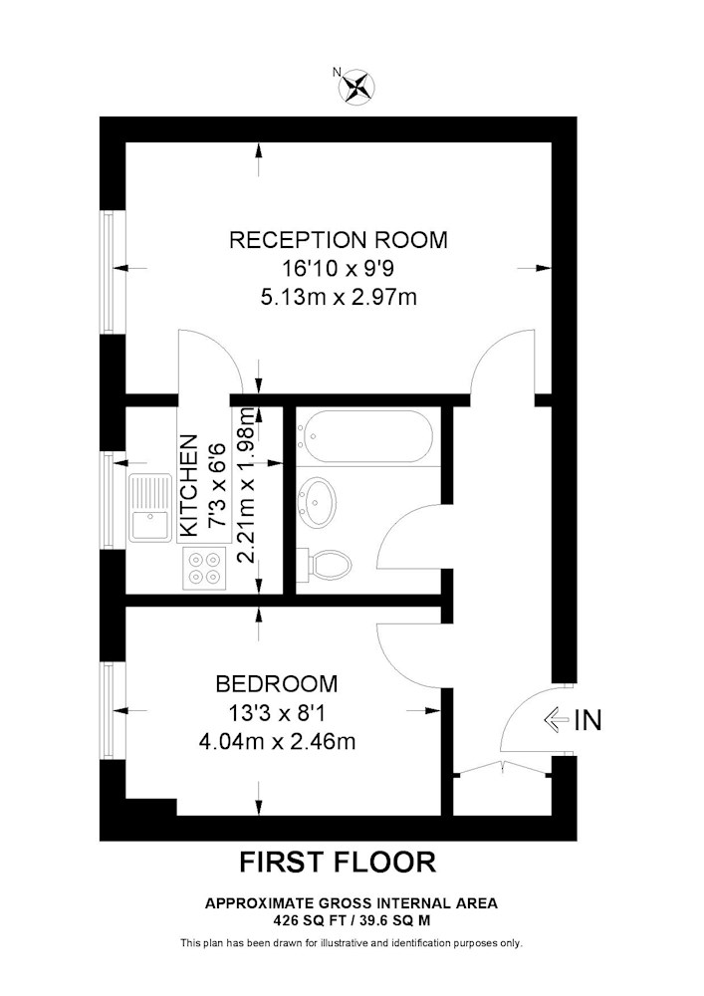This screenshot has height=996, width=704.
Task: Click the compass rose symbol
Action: click(358, 87)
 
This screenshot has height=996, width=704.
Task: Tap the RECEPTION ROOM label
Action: click(339, 240)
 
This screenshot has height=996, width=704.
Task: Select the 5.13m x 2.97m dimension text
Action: click(339, 297)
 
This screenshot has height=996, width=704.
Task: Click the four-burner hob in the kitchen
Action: click(204, 568)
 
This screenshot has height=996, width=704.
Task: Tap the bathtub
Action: click(365, 436)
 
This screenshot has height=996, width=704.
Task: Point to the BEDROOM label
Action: click(277, 684)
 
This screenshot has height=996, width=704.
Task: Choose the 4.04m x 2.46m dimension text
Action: click(277, 741)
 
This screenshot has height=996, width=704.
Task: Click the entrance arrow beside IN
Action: click(556, 720)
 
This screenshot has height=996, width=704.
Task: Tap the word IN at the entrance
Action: click(587, 720)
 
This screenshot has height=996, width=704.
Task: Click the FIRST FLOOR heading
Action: click(338, 863)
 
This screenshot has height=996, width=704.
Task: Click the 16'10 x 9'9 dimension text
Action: click(339, 269)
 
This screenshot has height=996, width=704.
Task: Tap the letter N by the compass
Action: click(338, 72)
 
